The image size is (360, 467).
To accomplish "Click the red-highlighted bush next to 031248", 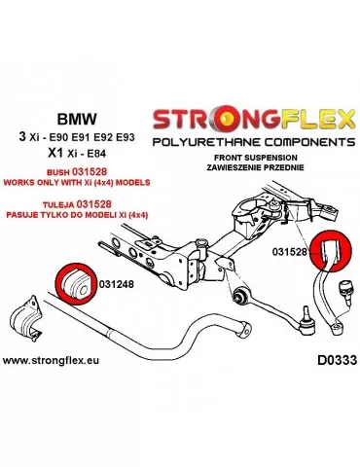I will (x=73, y=281).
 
